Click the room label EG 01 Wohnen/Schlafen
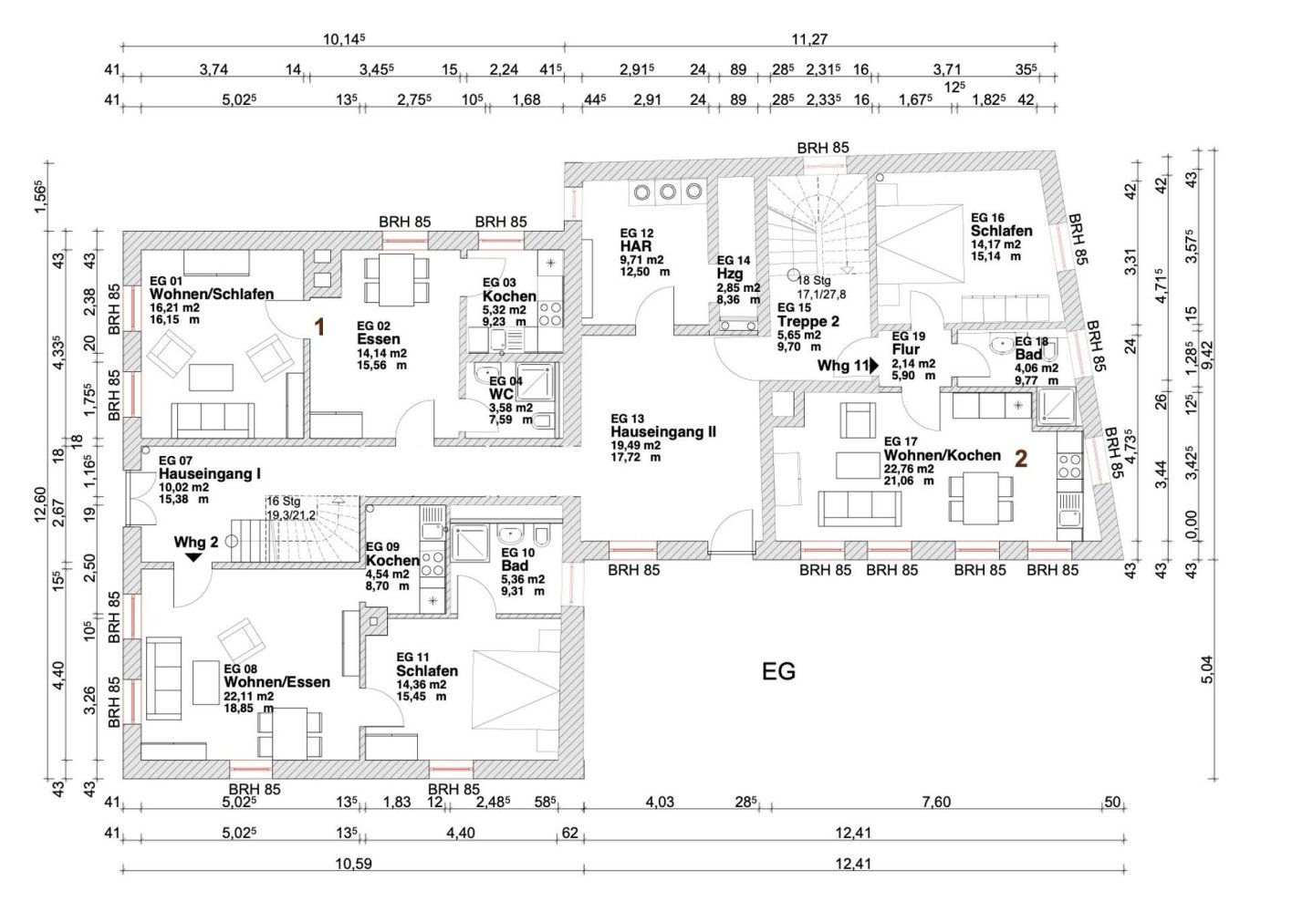tap(212, 287)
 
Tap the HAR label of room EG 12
tap(636, 246)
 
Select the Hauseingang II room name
tap(663, 431)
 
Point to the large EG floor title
tap(778, 671)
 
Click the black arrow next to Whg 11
tap(874, 366)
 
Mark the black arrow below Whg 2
tap(193, 557)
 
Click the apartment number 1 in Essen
tap(319, 327)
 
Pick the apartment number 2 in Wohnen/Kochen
tap(1021, 459)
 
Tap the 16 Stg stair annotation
tap(283, 502)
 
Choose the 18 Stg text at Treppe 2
tap(814, 281)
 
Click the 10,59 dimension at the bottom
tap(354, 864)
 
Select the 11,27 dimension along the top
tap(809, 39)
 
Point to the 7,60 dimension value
tap(936, 802)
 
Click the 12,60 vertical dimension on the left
tap(40, 504)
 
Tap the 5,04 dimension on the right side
tap(1207, 670)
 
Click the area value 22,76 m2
tap(909, 469)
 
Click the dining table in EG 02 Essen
tap(396, 280)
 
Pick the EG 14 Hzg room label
tap(733, 267)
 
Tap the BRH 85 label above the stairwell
tap(823, 148)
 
